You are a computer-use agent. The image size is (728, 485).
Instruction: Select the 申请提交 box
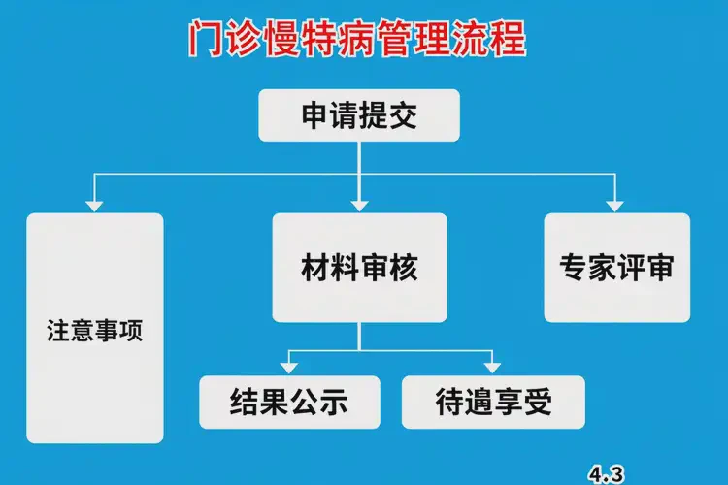359,116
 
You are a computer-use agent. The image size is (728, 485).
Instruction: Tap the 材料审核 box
359,268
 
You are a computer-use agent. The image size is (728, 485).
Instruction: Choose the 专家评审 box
616,268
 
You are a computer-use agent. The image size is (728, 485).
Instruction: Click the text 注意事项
94,330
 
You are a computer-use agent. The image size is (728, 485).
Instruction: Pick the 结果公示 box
288,401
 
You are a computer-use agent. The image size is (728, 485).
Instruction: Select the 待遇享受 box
494,401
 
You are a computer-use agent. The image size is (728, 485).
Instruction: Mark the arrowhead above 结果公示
287,366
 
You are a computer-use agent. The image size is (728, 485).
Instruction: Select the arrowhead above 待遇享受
492,366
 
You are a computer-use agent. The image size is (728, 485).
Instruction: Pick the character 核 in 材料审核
404,268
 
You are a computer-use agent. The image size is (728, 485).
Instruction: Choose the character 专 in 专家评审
573,268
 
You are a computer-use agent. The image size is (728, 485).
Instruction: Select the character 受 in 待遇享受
541,401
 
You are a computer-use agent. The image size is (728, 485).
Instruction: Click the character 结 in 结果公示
244,401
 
